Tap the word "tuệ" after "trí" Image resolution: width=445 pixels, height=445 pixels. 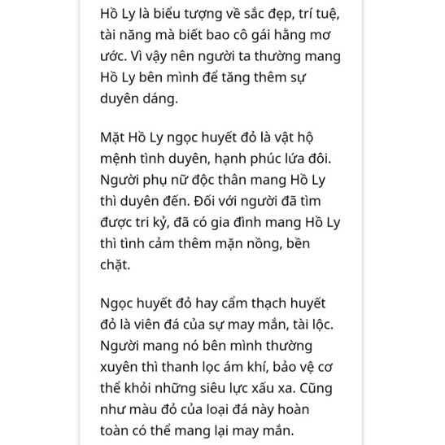click(325, 14)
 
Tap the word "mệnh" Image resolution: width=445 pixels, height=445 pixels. click(121, 158)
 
